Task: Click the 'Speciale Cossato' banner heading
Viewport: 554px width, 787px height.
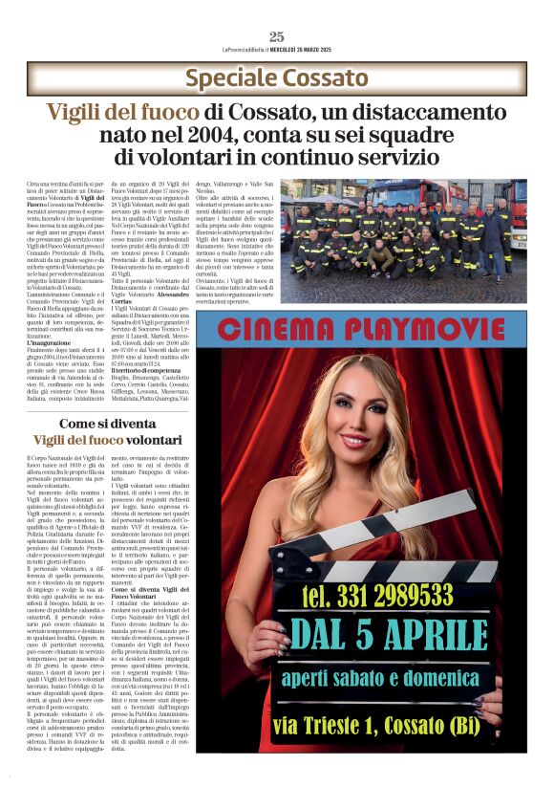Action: (x=277, y=78)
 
